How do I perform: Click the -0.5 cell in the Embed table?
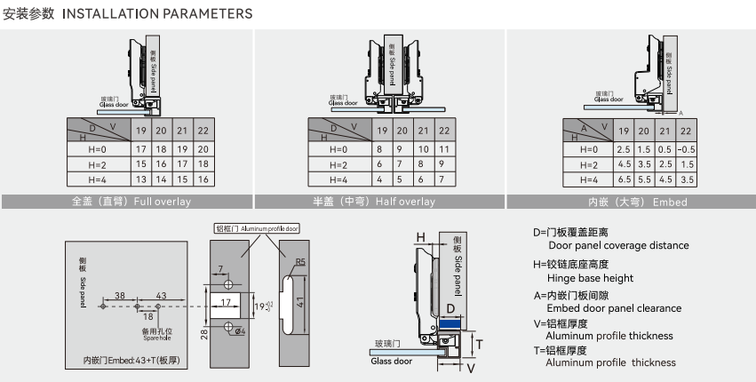tap(685, 148)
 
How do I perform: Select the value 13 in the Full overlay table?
tap(140, 180)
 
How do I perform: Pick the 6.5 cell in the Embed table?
tap(623, 180)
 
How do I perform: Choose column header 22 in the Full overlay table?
tap(203, 131)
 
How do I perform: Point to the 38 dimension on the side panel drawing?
tap(119, 294)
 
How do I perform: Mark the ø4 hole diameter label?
tap(239, 333)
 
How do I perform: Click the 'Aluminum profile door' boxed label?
tap(258, 228)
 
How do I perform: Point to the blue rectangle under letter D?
tap(451, 326)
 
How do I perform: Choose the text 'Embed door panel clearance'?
tap(614, 308)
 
